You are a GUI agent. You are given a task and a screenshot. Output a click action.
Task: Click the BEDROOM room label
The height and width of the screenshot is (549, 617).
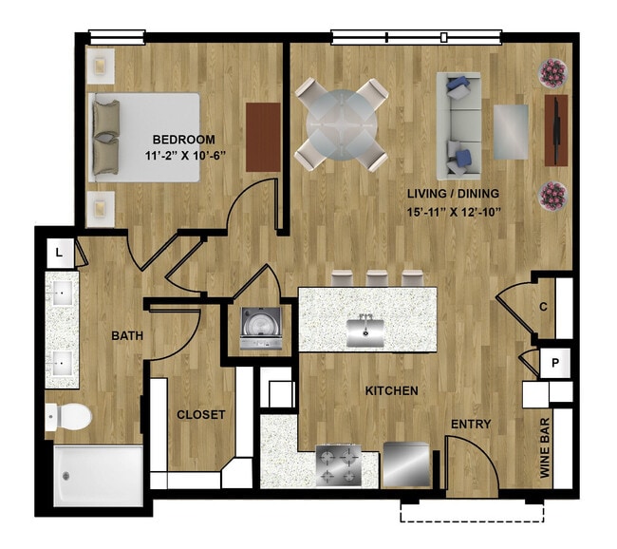point(184,140)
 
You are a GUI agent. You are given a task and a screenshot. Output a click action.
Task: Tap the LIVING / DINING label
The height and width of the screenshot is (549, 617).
point(453,194)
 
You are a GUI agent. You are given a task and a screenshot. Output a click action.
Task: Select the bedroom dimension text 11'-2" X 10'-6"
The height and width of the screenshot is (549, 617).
point(185,156)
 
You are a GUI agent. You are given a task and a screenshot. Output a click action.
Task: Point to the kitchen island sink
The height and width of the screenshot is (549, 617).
point(365,332)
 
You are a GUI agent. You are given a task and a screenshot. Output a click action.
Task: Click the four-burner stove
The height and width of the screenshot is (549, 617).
point(339,464)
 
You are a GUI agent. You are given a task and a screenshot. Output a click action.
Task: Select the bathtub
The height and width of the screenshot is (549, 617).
point(99,476)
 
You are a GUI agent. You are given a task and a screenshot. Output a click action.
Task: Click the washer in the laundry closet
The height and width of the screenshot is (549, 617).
point(261,328)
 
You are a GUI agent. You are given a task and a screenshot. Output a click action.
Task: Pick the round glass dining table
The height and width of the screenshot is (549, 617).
point(342,124)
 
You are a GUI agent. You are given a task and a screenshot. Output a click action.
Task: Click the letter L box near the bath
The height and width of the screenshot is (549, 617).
point(60,253)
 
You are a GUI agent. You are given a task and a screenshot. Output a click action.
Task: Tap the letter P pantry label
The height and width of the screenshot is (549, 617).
point(555,362)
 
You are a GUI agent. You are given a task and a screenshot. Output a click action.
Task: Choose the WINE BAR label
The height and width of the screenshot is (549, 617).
point(545,448)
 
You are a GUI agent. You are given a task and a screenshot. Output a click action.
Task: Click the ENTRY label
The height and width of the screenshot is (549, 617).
point(471,424)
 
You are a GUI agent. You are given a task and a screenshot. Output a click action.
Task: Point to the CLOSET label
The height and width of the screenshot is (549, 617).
point(200,414)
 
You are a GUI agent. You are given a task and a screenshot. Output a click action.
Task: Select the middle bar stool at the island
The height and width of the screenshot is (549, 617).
point(377,278)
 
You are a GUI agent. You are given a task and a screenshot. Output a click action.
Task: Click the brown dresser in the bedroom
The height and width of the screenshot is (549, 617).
point(263,137)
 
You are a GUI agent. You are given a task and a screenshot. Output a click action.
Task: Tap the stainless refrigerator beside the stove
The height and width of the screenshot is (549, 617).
point(406,464)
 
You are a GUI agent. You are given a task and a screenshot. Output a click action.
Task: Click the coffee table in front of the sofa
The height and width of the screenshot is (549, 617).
point(511,132)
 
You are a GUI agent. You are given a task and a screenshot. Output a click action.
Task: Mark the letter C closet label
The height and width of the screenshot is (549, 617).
point(543,307)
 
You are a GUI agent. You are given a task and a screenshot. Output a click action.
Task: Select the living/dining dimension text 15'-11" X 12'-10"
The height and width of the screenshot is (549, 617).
point(454,212)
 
